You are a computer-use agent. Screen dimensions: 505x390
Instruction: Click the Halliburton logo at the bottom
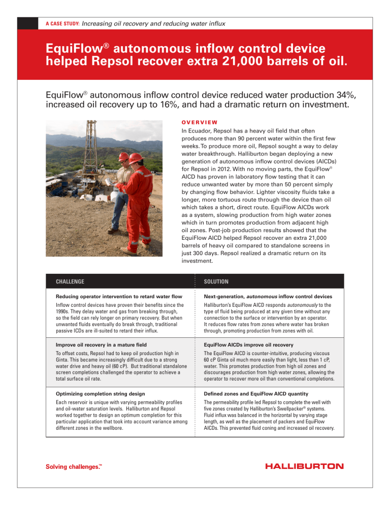coord(304,466)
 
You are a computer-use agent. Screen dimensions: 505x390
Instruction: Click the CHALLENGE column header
coord(70,281)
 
